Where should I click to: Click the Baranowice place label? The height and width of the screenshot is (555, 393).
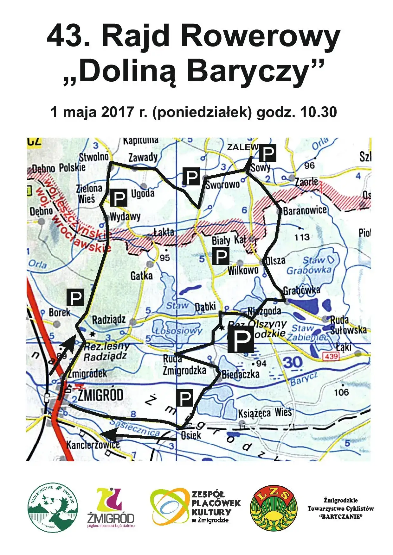304,211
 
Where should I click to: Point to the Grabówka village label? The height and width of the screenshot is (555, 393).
301,290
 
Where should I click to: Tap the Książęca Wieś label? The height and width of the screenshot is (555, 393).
265,413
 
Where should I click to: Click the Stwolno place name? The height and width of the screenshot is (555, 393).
93,157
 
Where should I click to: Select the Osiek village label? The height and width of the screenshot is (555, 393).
191,435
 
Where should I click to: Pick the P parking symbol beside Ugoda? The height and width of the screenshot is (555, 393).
119,198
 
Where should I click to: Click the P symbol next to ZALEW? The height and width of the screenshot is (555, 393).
268,153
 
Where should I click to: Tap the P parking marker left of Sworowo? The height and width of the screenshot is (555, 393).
191,177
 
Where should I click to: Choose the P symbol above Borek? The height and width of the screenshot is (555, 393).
75,297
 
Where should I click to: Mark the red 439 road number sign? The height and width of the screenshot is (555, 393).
331,357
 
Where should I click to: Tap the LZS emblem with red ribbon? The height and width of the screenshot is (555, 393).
274,508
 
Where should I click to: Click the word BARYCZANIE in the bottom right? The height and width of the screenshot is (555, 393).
341,517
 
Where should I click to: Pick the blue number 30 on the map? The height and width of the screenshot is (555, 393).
292,363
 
